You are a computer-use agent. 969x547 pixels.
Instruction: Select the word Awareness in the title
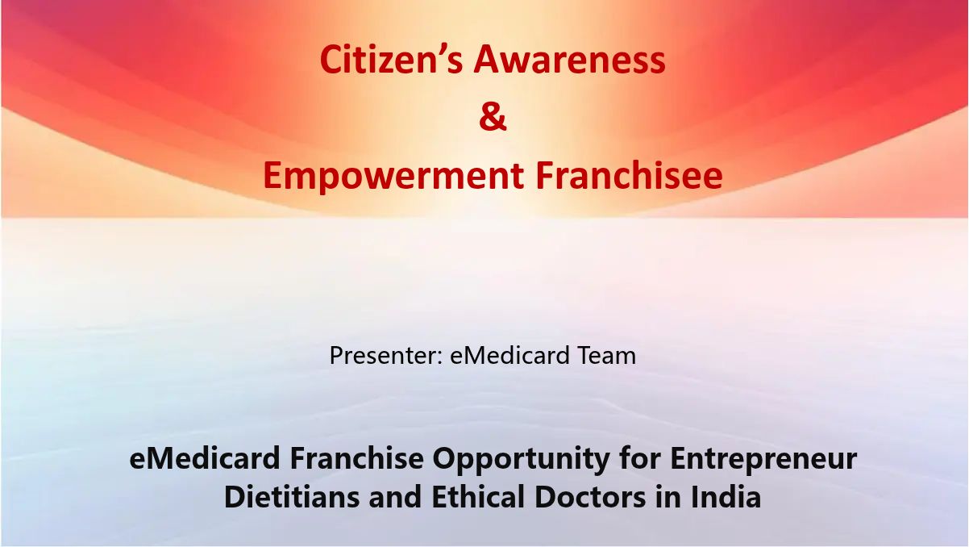tap(570, 60)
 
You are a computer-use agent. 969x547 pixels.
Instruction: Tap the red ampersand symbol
tap(493, 117)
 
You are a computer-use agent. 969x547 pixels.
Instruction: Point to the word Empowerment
tap(393, 177)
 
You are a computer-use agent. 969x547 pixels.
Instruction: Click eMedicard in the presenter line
tap(510, 355)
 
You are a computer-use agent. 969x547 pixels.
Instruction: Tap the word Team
tap(607, 355)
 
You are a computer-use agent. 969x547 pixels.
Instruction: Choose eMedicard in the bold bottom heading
tap(205, 458)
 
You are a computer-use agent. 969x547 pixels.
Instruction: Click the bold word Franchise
tap(356, 458)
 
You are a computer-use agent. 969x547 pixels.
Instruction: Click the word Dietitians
tap(292, 496)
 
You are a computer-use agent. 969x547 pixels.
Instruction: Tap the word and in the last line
tap(395, 496)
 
